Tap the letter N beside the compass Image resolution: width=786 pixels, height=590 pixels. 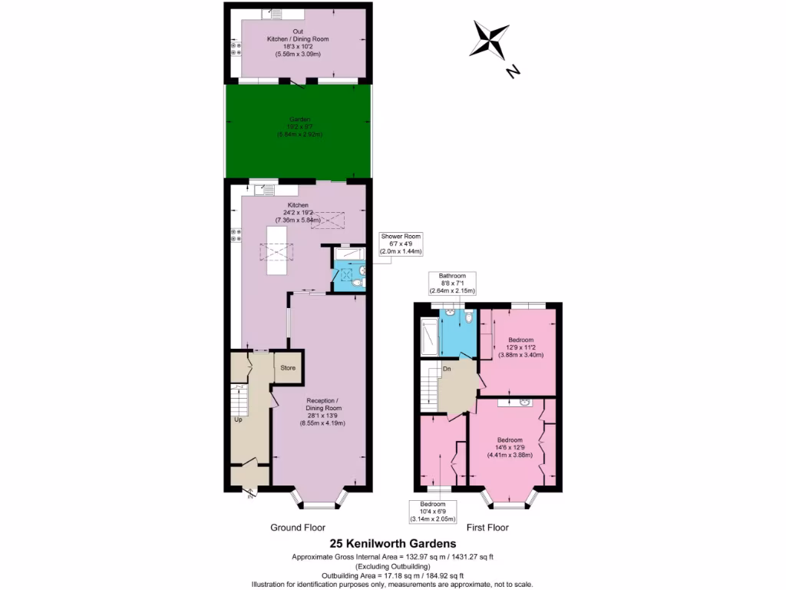[514, 72]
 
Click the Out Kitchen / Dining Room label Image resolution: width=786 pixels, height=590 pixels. [298, 42]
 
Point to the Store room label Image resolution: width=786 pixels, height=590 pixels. [288, 368]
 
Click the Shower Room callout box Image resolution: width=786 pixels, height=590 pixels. [401, 244]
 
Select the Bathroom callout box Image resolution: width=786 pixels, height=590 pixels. [452, 283]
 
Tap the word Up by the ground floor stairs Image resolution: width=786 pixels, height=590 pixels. [239, 420]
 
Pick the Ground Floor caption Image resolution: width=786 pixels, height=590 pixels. [297, 528]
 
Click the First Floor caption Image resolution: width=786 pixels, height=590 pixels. [487, 528]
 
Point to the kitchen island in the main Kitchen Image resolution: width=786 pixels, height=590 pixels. [277, 251]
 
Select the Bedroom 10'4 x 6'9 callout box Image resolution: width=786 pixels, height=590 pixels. [438, 510]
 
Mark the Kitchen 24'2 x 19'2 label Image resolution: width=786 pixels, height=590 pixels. [298, 213]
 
